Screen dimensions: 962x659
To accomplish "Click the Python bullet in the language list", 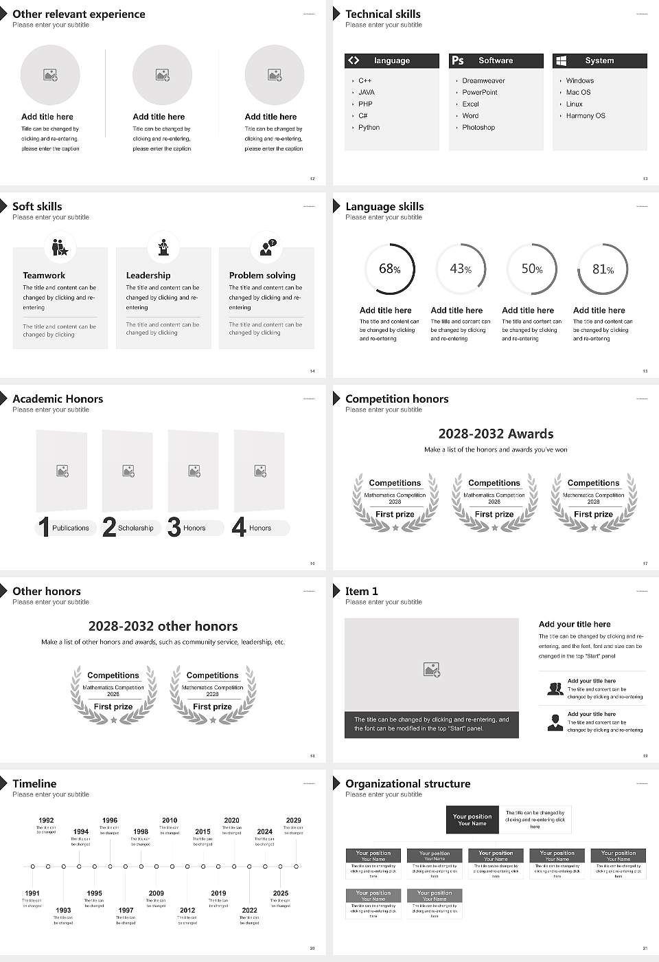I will point(369,128).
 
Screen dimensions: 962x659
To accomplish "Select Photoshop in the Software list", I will point(478,128).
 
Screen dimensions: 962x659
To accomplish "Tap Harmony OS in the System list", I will point(586,116).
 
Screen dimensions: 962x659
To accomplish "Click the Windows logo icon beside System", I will point(561,60).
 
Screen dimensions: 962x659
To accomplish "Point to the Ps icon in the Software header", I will point(458,60).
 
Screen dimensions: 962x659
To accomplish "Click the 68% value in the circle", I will point(389,269).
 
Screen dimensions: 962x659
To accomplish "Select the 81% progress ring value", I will point(603,269).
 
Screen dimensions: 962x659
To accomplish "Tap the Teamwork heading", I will point(44,275).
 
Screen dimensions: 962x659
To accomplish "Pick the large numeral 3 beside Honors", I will point(174,527).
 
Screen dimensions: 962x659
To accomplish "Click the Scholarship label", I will point(135,528).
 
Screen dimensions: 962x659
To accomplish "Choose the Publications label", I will point(70,528).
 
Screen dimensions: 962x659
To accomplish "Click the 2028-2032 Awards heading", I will point(496,434).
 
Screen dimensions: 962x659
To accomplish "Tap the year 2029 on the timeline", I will point(293,820).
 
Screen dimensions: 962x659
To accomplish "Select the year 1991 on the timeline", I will point(32,893).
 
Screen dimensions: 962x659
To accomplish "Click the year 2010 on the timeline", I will point(170,820).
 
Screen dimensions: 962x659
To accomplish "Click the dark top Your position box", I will point(472,820).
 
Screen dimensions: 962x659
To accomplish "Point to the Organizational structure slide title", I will point(408,783).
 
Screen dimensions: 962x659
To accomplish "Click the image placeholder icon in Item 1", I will point(432,669).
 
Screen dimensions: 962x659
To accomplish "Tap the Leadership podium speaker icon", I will point(163,247).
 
